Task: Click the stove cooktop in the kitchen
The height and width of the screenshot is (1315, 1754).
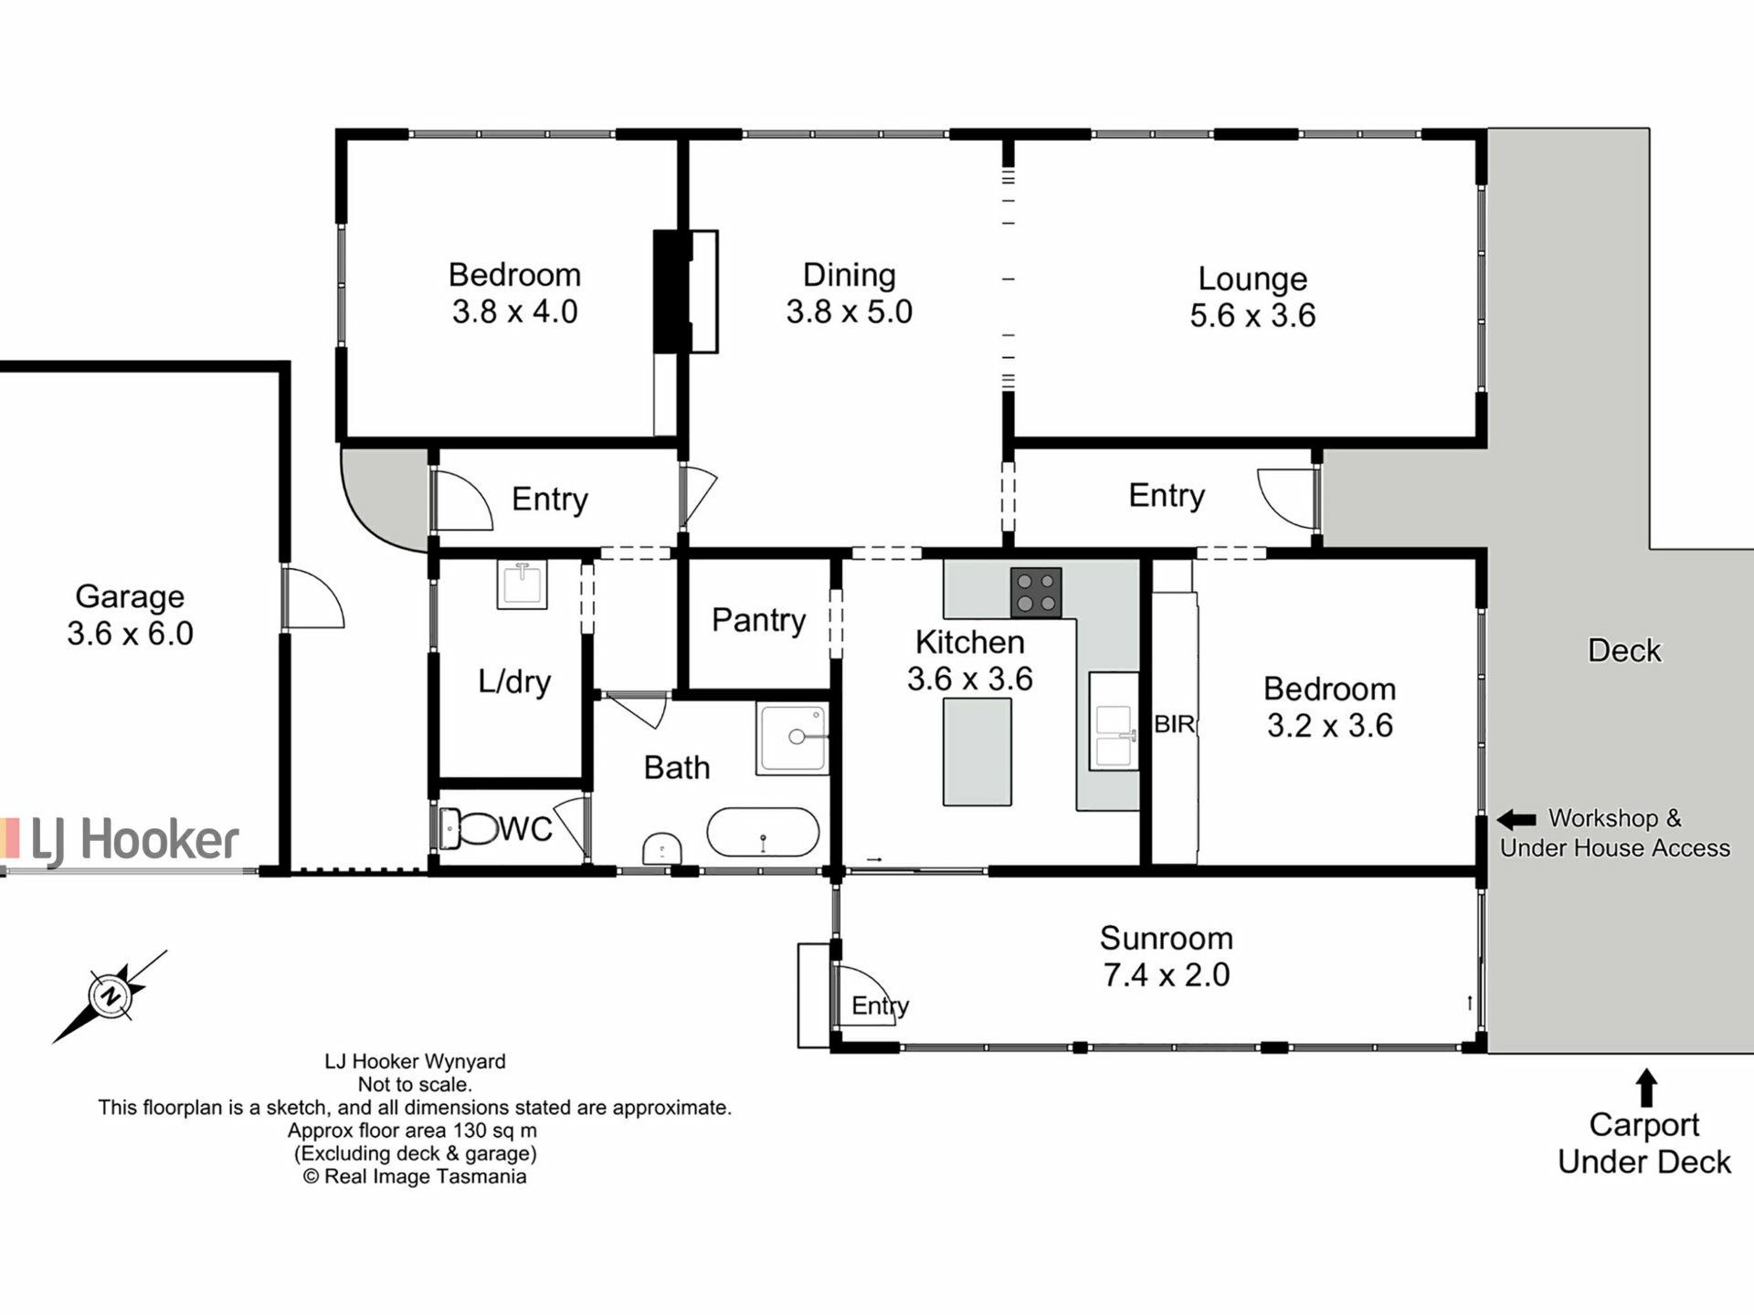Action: [x=1036, y=592]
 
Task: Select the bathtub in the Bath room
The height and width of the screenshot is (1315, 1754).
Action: [x=763, y=832]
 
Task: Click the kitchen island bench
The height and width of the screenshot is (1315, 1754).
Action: [x=977, y=752]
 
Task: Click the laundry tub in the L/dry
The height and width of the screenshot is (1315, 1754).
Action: [x=523, y=584]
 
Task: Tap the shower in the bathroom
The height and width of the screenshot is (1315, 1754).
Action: [x=792, y=738]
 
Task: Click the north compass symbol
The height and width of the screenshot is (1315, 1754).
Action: [x=111, y=995]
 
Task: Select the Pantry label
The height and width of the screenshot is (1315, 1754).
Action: [x=758, y=620]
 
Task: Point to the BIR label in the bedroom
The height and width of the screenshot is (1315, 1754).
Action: [x=1174, y=724]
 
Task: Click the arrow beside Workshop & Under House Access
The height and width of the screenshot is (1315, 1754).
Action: [x=1516, y=819]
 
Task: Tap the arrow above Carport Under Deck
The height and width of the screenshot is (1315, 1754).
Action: [x=1645, y=1088]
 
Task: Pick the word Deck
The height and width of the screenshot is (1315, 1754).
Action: [x=1624, y=650]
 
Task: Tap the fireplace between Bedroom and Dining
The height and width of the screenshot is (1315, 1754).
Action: [x=685, y=291]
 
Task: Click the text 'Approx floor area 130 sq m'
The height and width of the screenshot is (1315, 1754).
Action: [x=412, y=1131]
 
